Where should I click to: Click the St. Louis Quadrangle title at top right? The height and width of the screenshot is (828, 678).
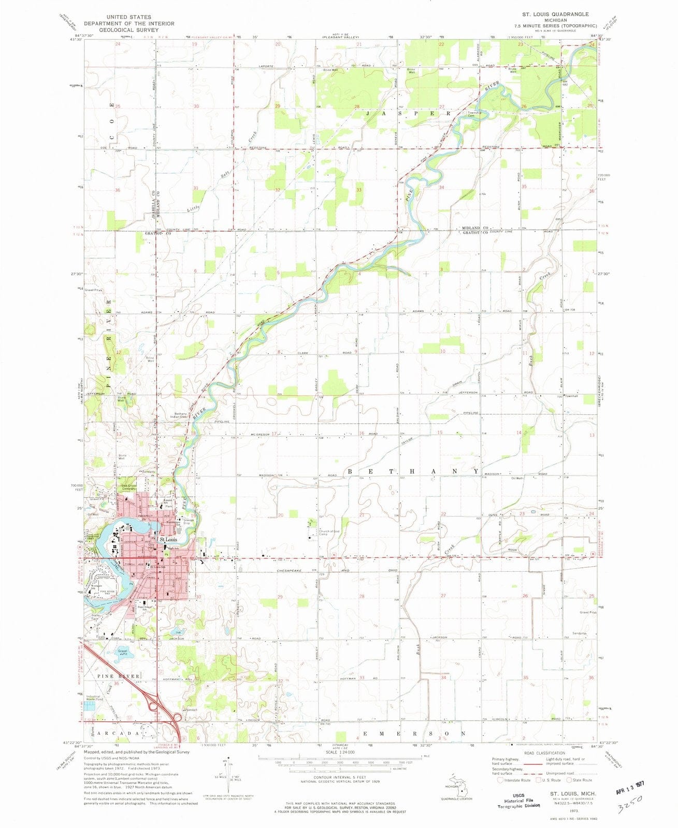click(x=543, y=14)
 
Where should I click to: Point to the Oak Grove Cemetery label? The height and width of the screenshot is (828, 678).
click(x=128, y=487)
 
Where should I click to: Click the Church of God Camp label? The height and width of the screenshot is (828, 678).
click(x=331, y=533)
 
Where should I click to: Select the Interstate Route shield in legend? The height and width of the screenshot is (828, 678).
click(x=500, y=780)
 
